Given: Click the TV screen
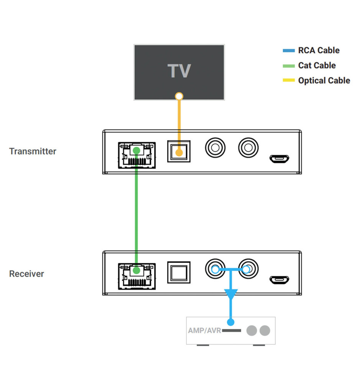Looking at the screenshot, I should [179, 72].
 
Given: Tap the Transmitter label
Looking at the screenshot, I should [33, 151].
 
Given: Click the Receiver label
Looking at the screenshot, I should [26, 274].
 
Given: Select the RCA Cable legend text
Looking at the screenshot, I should [319, 50].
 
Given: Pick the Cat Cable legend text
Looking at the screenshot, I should [317, 65].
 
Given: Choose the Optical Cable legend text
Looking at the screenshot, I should [324, 80].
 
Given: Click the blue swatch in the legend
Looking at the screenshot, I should [289, 50].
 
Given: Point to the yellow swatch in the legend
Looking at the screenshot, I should [289, 80].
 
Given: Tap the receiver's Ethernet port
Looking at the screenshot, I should [136, 275].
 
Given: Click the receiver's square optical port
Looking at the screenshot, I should [179, 273].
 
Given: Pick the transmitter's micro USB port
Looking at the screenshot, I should [279, 158].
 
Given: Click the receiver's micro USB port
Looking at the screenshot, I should [279, 279].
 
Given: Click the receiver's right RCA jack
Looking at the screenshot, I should [248, 269].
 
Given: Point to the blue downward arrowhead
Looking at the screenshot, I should [231, 294].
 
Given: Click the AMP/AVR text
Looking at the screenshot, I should [204, 330].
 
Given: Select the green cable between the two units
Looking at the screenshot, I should [136, 214].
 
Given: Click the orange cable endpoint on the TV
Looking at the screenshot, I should [179, 96].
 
